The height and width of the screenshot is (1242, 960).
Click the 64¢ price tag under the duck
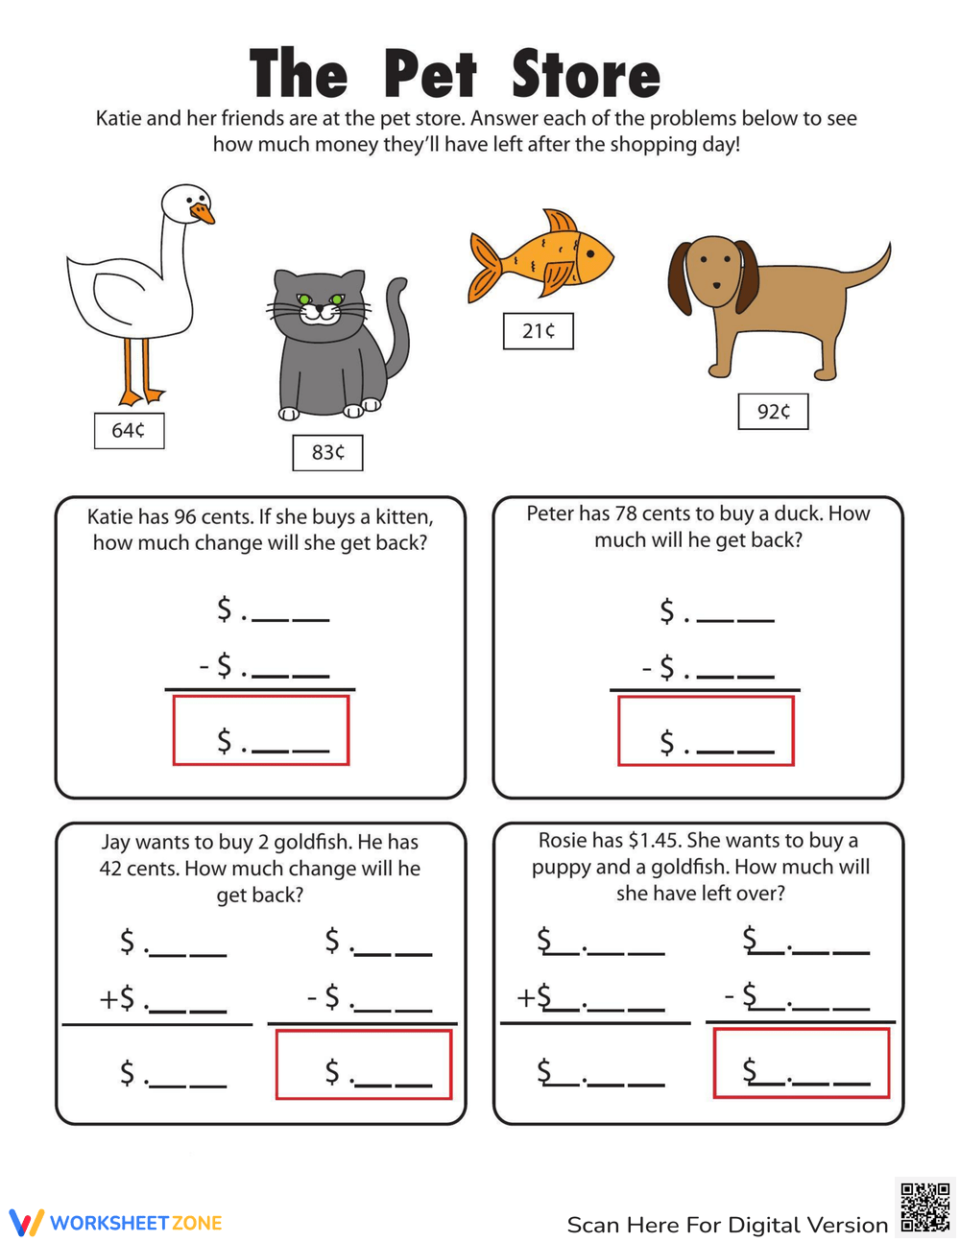pos(129,431)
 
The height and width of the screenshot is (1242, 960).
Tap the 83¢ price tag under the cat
pos(327,452)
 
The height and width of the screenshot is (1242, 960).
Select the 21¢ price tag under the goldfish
pos(538,331)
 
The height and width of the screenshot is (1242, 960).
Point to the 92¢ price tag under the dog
pos(773,412)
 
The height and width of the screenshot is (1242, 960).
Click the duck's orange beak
pos(203,212)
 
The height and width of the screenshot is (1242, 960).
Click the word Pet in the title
pos(430,74)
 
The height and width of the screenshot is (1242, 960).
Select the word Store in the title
pos(586,74)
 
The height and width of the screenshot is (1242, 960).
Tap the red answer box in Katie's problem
pos(260,730)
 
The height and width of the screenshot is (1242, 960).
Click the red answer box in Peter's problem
pos(706,731)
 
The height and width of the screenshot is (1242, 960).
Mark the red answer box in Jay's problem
pos(363,1064)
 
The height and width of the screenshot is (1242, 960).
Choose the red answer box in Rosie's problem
pos(802,1063)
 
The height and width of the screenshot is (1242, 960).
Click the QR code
pos(924,1206)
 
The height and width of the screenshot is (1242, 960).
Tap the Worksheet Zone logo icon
pos(26,1222)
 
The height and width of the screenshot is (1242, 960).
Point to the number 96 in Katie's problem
pos(185,517)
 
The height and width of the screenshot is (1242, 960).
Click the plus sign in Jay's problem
pos(108,1000)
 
